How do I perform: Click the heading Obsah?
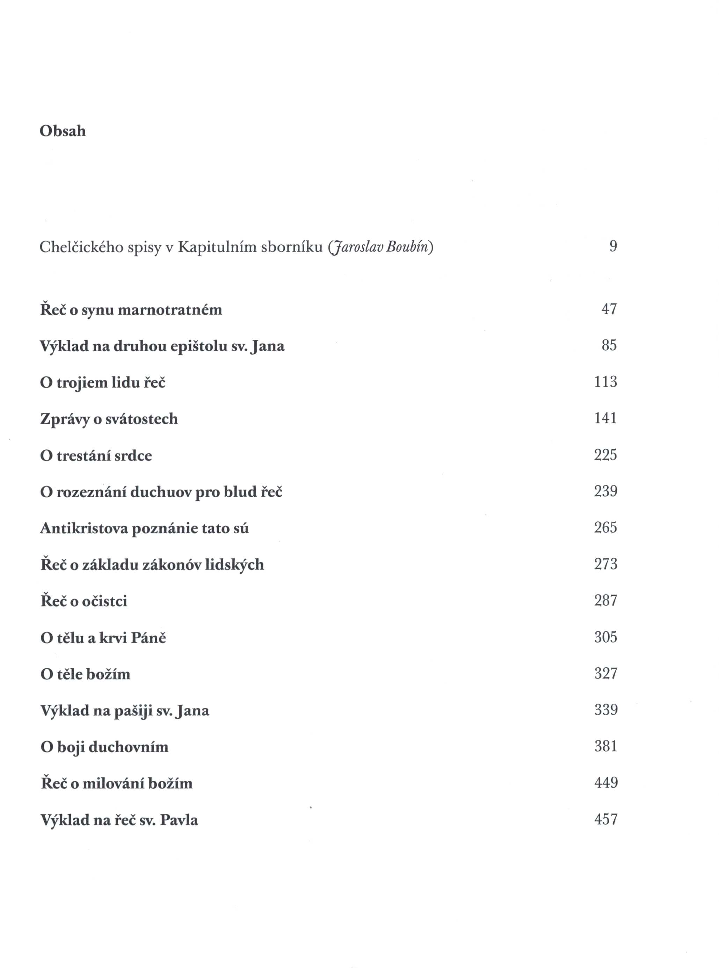point(63,131)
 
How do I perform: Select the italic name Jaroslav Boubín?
point(381,247)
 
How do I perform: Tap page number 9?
point(613,247)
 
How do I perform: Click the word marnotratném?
point(170,310)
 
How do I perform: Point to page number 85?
point(609,345)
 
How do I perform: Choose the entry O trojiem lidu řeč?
point(103,383)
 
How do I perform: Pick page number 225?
point(605,455)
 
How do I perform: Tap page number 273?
point(605,564)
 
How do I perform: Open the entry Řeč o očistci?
point(84,601)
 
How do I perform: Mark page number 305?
point(605,637)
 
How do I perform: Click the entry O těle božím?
point(85,674)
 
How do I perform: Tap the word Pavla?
point(179,820)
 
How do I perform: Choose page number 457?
point(606,820)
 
